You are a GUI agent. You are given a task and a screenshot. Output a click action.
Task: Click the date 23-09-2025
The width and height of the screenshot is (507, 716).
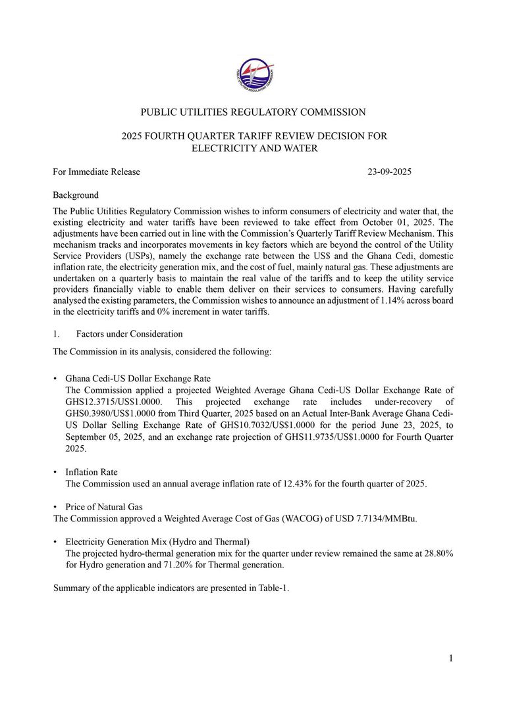coord(390,172)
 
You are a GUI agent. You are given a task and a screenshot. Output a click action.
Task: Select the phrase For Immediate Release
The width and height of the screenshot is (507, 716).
coord(96,172)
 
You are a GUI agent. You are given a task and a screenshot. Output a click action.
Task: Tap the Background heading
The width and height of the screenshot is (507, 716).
coord(76,195)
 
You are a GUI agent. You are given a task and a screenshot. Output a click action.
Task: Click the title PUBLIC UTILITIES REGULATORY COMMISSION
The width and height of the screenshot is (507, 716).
coord(254,112)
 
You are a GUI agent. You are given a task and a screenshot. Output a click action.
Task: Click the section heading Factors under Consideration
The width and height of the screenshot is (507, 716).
coord(129,334)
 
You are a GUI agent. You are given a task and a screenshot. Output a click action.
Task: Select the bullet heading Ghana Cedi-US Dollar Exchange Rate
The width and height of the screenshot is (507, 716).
coord(138,379)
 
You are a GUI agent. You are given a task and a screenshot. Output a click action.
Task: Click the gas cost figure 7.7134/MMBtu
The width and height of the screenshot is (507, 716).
coord(381,519)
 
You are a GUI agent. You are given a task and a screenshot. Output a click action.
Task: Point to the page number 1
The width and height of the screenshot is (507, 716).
coord(451,659)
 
